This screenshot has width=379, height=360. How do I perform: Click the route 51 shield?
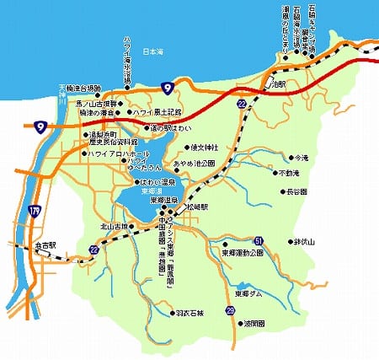pyautogui.click(x=259, y=240)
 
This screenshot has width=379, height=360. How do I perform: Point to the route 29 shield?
pyautogui.click(x=230, y=311)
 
